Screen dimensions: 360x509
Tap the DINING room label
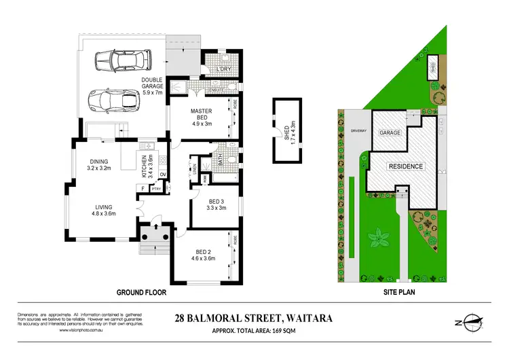(x=103, y=165)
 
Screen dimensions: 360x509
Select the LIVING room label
(x=103, y=211)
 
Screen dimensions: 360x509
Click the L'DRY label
(x=225, y=69)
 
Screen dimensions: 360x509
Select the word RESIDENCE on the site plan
(x=405, y=166)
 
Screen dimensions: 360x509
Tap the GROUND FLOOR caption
(x=142, y=293)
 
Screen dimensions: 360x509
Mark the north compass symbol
(x=470, y=325)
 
